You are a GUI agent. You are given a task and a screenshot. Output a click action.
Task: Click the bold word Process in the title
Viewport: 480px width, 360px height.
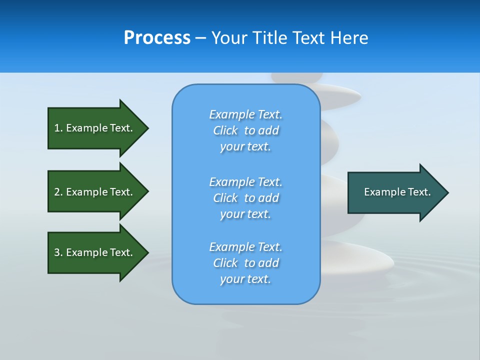[157, 38]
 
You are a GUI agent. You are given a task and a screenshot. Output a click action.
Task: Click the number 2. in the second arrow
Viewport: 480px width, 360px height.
[58, 192]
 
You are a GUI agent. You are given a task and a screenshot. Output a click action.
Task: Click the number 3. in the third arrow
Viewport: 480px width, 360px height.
[58, 252]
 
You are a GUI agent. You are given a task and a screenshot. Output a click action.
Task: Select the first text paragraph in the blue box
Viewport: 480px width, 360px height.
[245, 130]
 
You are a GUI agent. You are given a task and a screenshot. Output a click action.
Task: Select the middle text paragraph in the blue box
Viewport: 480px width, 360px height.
[245, 198]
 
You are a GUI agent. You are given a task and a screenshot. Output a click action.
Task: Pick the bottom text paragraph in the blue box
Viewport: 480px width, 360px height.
[245, 263]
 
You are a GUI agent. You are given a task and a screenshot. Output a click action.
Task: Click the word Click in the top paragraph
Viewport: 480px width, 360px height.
[225, 130]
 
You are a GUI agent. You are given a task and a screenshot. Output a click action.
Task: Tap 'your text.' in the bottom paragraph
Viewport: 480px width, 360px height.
[245, 279]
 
